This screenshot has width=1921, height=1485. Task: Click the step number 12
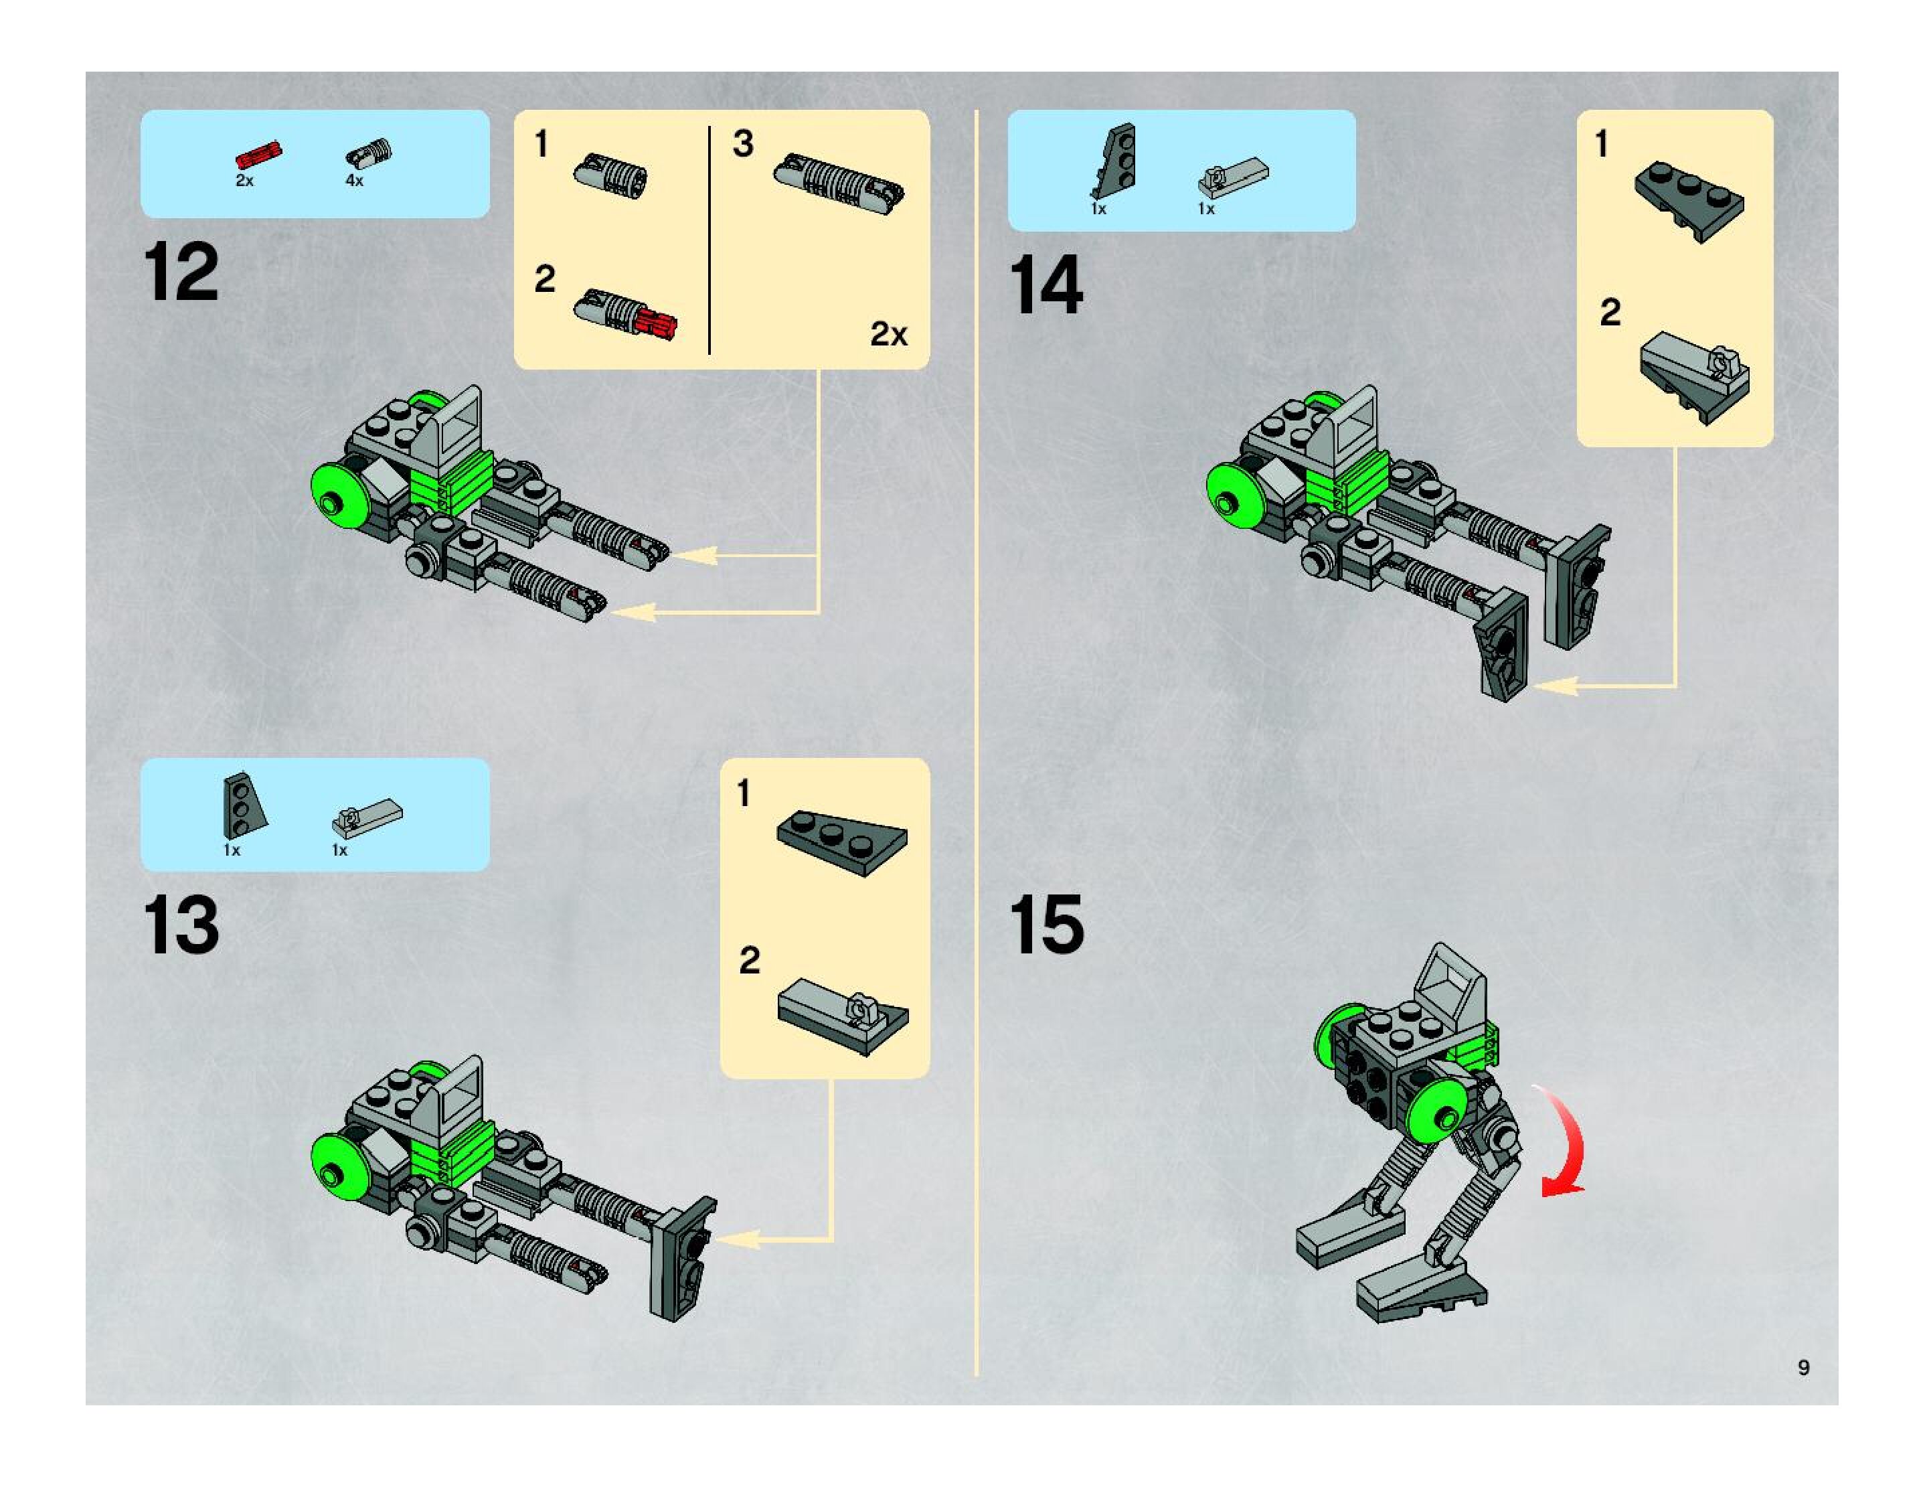[181, 272]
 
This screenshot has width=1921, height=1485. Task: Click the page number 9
[1804, 1367]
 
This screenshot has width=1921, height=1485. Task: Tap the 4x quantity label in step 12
[355, 180]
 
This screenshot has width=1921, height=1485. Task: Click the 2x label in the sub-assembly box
[888, 334]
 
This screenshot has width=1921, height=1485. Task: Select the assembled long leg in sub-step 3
[838, 185]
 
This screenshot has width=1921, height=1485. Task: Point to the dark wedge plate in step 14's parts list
[1114, 162]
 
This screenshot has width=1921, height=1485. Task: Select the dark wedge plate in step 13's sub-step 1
[842, 843]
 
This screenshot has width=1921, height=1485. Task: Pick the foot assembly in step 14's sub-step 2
[1694, 378]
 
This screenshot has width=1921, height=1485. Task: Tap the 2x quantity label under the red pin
[244, 180]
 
